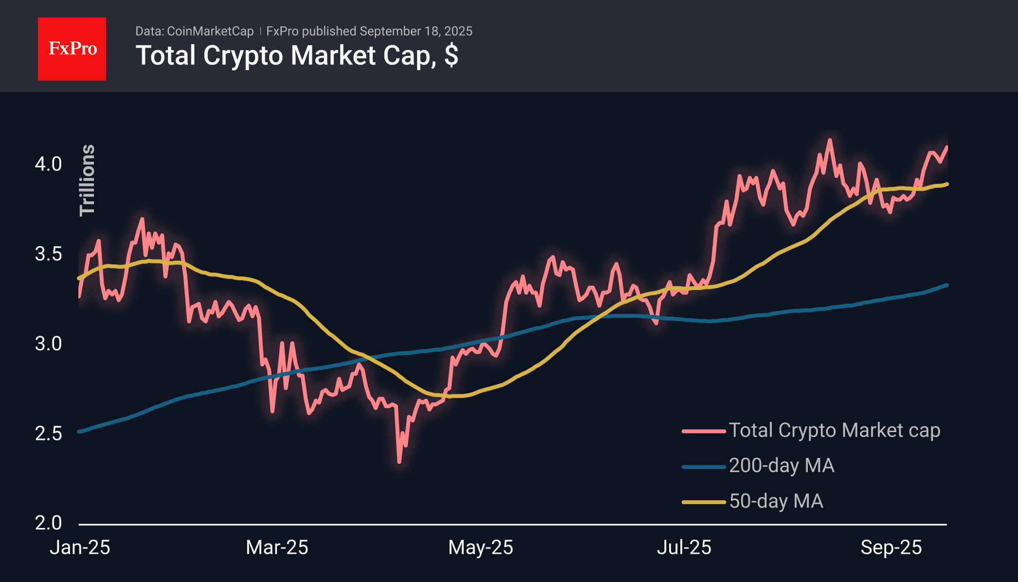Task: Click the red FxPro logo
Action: coord(72,49)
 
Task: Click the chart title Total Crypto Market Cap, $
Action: coord(297,55)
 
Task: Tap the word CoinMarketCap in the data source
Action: coord(210,31)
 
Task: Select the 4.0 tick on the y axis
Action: coord(48,164)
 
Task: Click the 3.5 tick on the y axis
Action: coord(48,254)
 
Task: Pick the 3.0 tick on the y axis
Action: coord(48,344)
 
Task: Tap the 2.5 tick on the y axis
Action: coord(48,434)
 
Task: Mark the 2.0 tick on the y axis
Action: coord(48,523)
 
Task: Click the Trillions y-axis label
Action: coord(87,180)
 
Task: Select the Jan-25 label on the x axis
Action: coord(80,547)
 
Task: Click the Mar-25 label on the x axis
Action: coord(277,547)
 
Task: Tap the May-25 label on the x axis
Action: coord(480,547)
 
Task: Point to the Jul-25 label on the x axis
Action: coord(684,547)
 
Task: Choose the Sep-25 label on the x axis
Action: coord(891,547)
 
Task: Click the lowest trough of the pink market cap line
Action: coord(399,461)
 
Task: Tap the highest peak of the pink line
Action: coord(830,140)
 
